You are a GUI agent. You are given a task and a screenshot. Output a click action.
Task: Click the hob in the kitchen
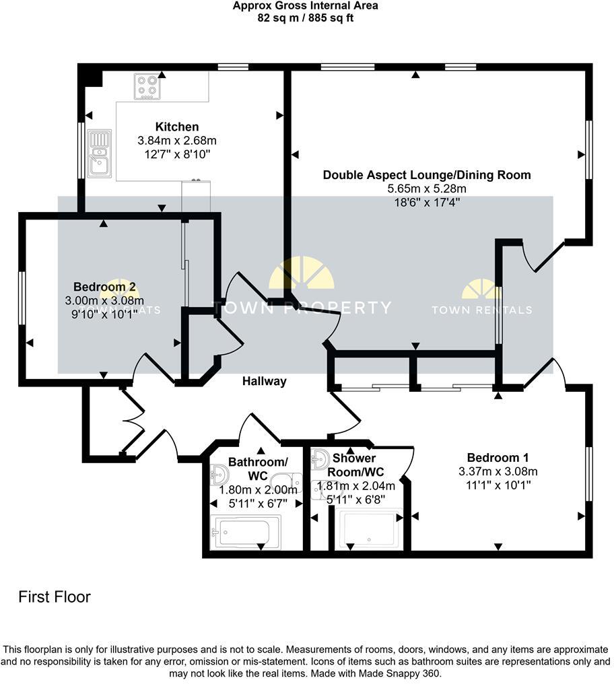click(147, 86)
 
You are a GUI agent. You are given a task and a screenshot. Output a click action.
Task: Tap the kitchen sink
click(99, 153)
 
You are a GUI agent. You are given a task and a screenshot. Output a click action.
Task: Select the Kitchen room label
click(177, 127)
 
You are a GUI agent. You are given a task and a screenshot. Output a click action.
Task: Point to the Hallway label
click(265, 381)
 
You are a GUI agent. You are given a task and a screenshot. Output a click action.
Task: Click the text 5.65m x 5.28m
click(427, 189)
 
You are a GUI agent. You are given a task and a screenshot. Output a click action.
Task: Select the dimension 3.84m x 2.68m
click(177, 141)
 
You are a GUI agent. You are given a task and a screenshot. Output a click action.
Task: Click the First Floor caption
click(55, 596)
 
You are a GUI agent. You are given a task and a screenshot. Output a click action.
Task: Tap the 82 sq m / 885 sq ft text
click(305, 18)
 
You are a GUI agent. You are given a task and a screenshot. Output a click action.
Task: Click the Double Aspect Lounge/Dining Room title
click(427, 175)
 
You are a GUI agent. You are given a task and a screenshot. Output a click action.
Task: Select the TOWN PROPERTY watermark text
click(302, 308)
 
